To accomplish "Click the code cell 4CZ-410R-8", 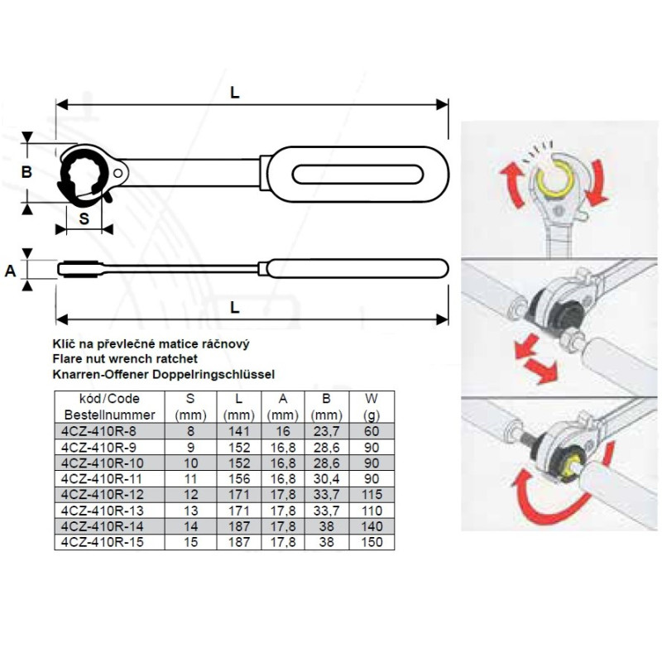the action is [98, 431].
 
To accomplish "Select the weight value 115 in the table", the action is [372, 494].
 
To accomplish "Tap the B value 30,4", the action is [326, 479].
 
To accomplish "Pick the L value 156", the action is [239, 479].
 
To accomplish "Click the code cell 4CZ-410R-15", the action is [102, 542].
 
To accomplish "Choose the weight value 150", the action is [372, 542].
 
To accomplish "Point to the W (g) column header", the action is [372, 406].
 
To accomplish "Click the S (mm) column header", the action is [190, 406].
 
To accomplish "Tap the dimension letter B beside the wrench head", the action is [26, 172].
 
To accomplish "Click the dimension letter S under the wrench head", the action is [84, 218].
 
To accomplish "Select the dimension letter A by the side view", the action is [11, 271].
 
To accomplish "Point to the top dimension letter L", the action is [235, 93].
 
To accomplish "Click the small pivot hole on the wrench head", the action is [118, 173].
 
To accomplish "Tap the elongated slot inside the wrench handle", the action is [357, 175].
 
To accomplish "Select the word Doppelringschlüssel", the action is [213, 375].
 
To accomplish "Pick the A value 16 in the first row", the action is [282, 431].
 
